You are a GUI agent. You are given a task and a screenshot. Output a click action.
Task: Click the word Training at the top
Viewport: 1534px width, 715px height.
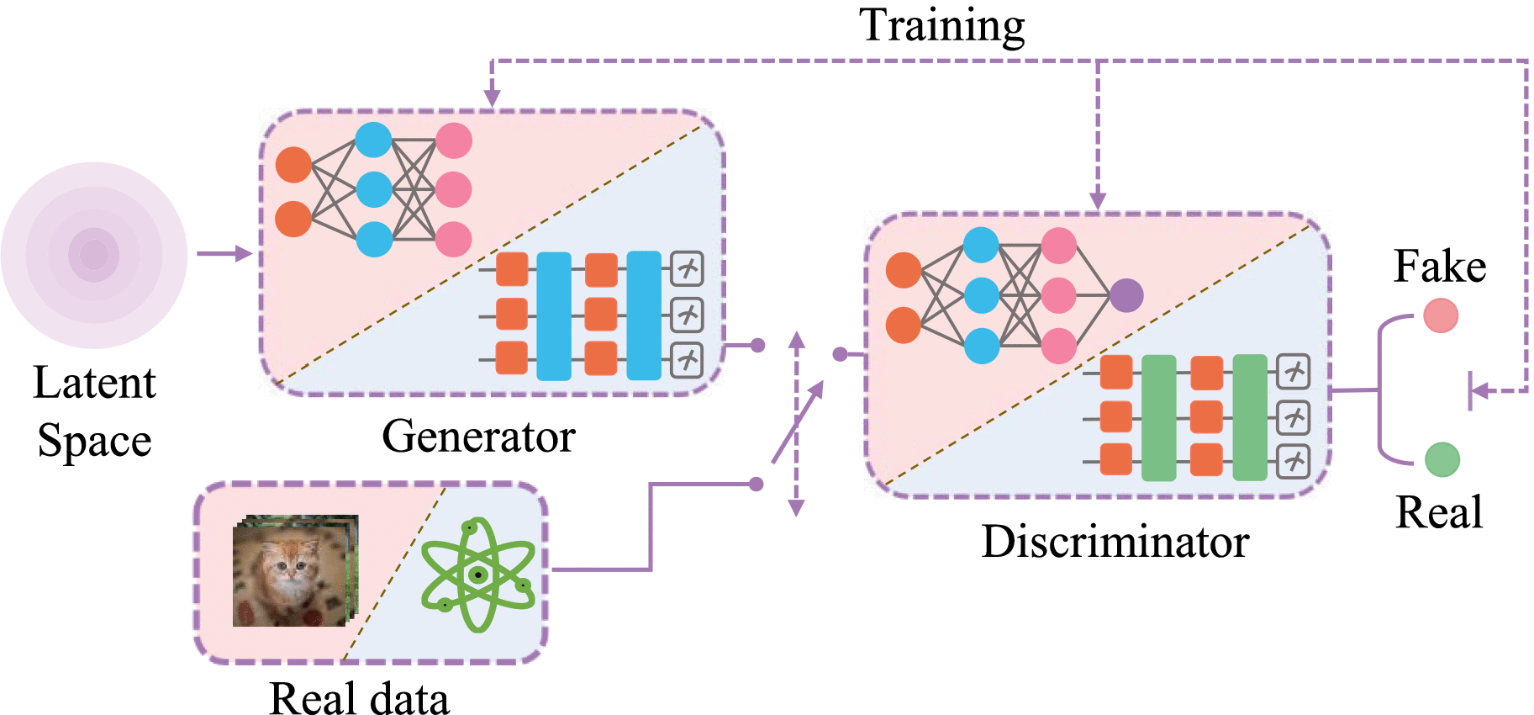(941, 25)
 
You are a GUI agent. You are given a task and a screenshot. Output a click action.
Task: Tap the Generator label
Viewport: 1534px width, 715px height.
(478, 437)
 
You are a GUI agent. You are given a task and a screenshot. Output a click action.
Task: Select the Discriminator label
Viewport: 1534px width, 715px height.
(1115, 542)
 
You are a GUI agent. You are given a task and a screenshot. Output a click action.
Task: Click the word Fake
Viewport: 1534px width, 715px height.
(1440, 267)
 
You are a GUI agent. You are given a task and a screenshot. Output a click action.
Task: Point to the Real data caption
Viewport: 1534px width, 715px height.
(359, 698)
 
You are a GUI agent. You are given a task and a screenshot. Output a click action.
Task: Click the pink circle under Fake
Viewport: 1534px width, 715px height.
(1441, 316)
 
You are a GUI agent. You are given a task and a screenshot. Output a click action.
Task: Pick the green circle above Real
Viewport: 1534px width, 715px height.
(1442, 459)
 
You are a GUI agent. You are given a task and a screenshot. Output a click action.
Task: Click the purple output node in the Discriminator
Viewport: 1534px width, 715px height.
(1126, 295)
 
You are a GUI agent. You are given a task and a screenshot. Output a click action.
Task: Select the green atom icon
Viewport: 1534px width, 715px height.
(477, 575)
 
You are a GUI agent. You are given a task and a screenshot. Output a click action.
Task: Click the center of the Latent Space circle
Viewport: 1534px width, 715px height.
(94, 255)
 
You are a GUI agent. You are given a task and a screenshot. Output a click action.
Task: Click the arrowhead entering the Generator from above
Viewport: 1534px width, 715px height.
(493, 98)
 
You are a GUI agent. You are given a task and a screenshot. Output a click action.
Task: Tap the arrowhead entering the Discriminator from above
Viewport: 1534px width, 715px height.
(1098, 200)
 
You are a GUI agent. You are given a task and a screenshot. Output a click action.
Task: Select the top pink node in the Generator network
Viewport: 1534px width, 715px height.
(454, 140)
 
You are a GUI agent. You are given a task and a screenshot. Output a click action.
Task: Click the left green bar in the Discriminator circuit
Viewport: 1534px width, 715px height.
(1159, 417)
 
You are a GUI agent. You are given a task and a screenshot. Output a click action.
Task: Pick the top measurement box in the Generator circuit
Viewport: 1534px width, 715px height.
(687, 269)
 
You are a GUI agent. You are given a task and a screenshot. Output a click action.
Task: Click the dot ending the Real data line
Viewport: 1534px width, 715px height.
(756, 484)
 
